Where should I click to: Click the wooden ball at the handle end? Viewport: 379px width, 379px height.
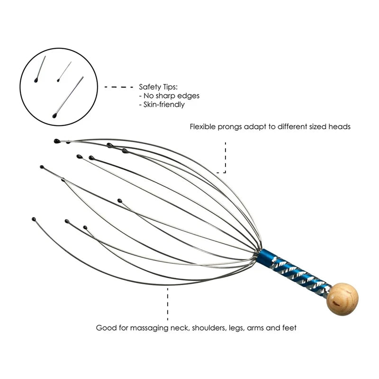[x=343, y=299]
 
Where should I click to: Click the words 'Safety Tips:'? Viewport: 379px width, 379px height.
[x=158, y=87]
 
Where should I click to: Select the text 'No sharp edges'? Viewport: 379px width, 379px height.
[x=171, y=96]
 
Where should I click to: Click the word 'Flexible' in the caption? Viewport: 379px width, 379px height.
[x=203, y=127]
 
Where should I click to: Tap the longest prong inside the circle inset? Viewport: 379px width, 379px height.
[x=69, y=97]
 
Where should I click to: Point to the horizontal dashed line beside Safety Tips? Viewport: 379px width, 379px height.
[x=118, y=87]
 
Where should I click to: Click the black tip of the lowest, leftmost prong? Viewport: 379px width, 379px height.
[x=34, y=219]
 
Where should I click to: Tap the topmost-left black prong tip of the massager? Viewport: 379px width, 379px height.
[x=56, y=141]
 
